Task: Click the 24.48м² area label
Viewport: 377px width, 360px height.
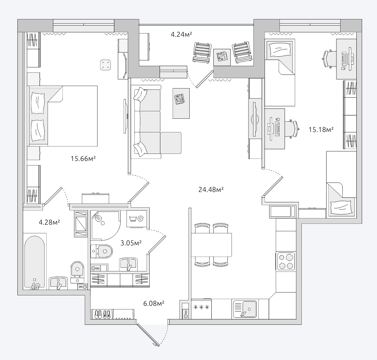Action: pyautogui.click(x=211, y=190)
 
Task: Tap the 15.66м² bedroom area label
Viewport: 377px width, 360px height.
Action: pyautogui.click(x=83, y=158)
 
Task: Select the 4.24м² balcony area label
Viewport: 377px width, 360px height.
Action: pyautogui.click(x=181, y=34)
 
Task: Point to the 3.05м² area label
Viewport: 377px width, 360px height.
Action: pyautogui.click(x=131, y=243)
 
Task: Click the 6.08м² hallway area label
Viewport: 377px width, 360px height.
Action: pyautogui.click(x=154, y=303)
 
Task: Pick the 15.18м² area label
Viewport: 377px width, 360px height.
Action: pyautogui.click(x=321, y=130)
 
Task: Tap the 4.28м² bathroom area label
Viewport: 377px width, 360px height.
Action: pyautogui.click(x=49, y=222)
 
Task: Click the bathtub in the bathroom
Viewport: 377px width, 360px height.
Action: pyautogui.click(x=35, y=262)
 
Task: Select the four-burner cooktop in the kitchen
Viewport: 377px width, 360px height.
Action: pyautogui.click(x=286, y=261)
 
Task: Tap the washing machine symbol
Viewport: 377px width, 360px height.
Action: pyautogui.click(x=136, y=219)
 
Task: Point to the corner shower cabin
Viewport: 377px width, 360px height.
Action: pyautogui.click(x=105, y=226)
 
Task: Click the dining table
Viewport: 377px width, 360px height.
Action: pyautogui.click(x=211, y=245)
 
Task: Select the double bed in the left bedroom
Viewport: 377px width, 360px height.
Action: pyautogui.click(x=63, y=116)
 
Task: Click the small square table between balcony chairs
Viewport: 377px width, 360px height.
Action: pyautogui.click(x=222, y=57)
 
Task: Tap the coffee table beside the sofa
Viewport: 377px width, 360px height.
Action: pyautogui.click(x=181, y=103)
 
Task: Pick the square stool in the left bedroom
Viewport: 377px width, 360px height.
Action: pyautogui.click(x=105, y=65)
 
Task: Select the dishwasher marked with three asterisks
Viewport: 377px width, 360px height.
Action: pyautogui.click(x=201, y=309)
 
